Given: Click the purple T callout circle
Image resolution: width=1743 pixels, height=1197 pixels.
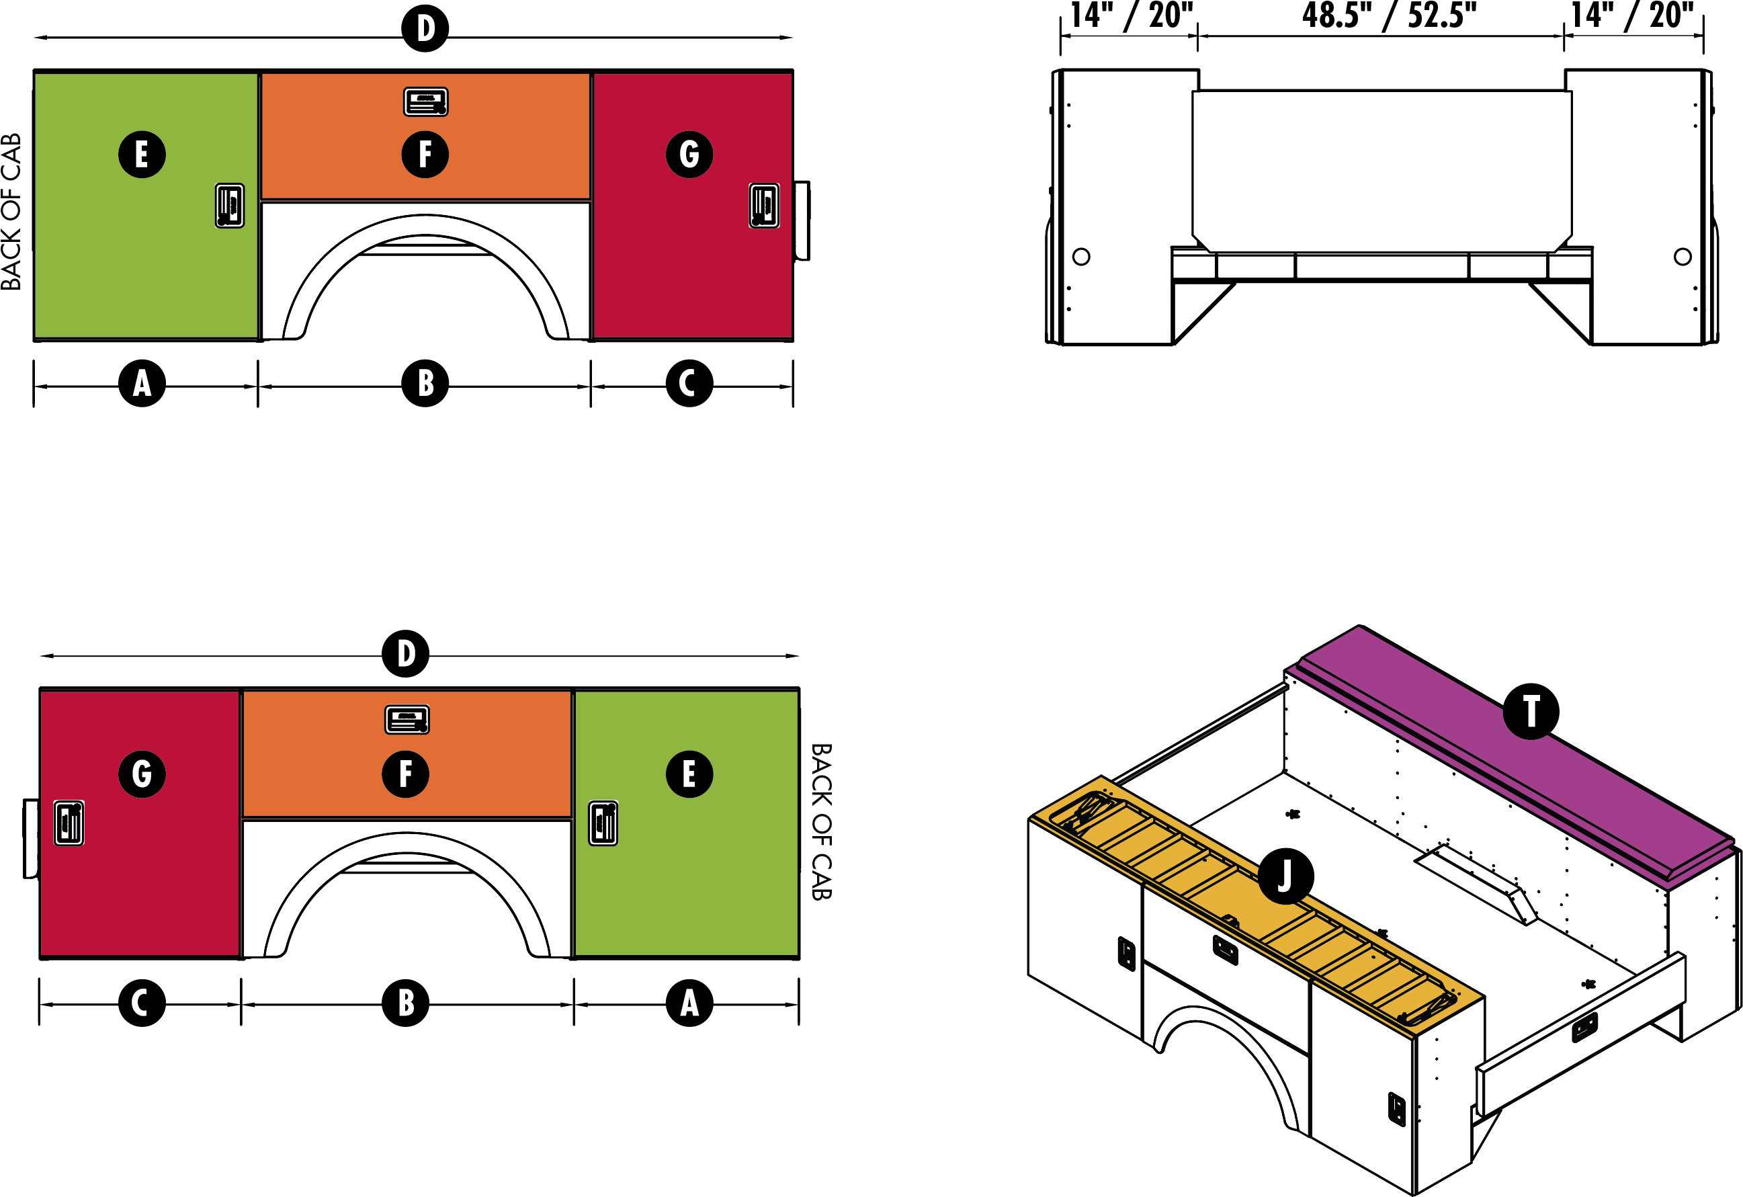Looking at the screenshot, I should [x=1531, y=711].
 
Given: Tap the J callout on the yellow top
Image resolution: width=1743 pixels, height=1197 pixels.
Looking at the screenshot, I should [x=1285, y=875].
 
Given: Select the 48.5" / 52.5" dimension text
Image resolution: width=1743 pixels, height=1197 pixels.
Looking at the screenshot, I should [x=1389, y=15].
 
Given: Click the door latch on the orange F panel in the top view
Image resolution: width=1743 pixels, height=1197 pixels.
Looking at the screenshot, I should [x=425, y=102].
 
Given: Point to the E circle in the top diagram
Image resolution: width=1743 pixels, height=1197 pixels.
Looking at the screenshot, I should [x=142, y=155].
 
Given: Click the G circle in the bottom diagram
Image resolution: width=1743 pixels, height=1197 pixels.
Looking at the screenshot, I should [x=142, y=774].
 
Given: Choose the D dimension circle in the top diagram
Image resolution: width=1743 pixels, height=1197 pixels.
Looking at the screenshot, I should [x=425, y=28].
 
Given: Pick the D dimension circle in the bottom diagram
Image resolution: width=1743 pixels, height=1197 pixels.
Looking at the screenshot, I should [x=405, y=653].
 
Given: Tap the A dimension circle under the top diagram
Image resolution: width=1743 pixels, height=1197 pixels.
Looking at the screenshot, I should [x=142, y=383].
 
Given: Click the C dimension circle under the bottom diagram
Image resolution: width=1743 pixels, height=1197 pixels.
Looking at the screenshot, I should [x=142, y=1003].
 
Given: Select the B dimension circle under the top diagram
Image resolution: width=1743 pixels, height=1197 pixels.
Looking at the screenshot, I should [x=425, y=383].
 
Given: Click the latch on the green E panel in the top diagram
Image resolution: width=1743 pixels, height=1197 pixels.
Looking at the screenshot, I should [x=230, y=205].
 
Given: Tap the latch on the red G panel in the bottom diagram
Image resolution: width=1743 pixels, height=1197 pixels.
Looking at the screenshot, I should [x=69, y=823].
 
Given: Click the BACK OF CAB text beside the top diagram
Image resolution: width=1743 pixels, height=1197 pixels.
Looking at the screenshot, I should [x=11, y=212].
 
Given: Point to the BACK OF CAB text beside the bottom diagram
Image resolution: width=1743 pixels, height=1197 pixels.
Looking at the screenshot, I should [x=822, y=821].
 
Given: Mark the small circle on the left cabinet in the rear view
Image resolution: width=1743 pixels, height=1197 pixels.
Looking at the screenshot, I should [x=1080, y=257].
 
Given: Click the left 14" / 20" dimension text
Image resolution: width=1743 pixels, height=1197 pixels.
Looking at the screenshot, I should [x=1131, y=15].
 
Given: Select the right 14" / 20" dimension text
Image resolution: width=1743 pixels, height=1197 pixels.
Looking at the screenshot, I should [x=1632, y=15].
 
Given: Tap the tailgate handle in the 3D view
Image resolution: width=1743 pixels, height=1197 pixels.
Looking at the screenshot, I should [x=1584, y=1027].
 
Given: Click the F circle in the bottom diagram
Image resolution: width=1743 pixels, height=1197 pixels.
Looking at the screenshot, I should [x=405, y=774].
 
